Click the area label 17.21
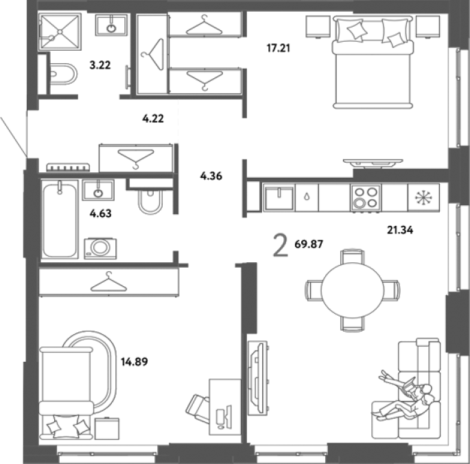pyautogui.click(x=279, y=48)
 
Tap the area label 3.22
pyautogui.click(x=100, y=65)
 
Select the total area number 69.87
pyautogui.click(x=309, y=244)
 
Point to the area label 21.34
pyautogui.click(x=400, y=230)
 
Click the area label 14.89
pyautogui.click(x=134, y=362)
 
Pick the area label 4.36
pyautogui.click(x=211, y=176)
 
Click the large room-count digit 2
pyautogui.click(x=281, y=246)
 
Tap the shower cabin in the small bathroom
pyautogui.click(x=60, y=31)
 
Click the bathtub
pyautogui.click(x=60, y=219)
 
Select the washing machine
pyautogui.click(x=100, y=248)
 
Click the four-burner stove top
pyautogui.click(x=366, y=198)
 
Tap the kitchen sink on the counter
pyautogui.click(x=279, y=198)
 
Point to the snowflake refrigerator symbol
pyautogui.click(x=423, y=198)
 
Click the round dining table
pyautogui.click(x=353, y=290)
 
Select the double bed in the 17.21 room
pyautogui.click(x=373, y=62)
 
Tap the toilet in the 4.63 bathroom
pyautogui.click(x=150, y=201)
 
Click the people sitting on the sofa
pyautogui.click(x=405, y=395)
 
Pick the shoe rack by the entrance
pyautogui.click(x=68, y=167)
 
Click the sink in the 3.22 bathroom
pyautogui.click(x=111, y=25)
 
